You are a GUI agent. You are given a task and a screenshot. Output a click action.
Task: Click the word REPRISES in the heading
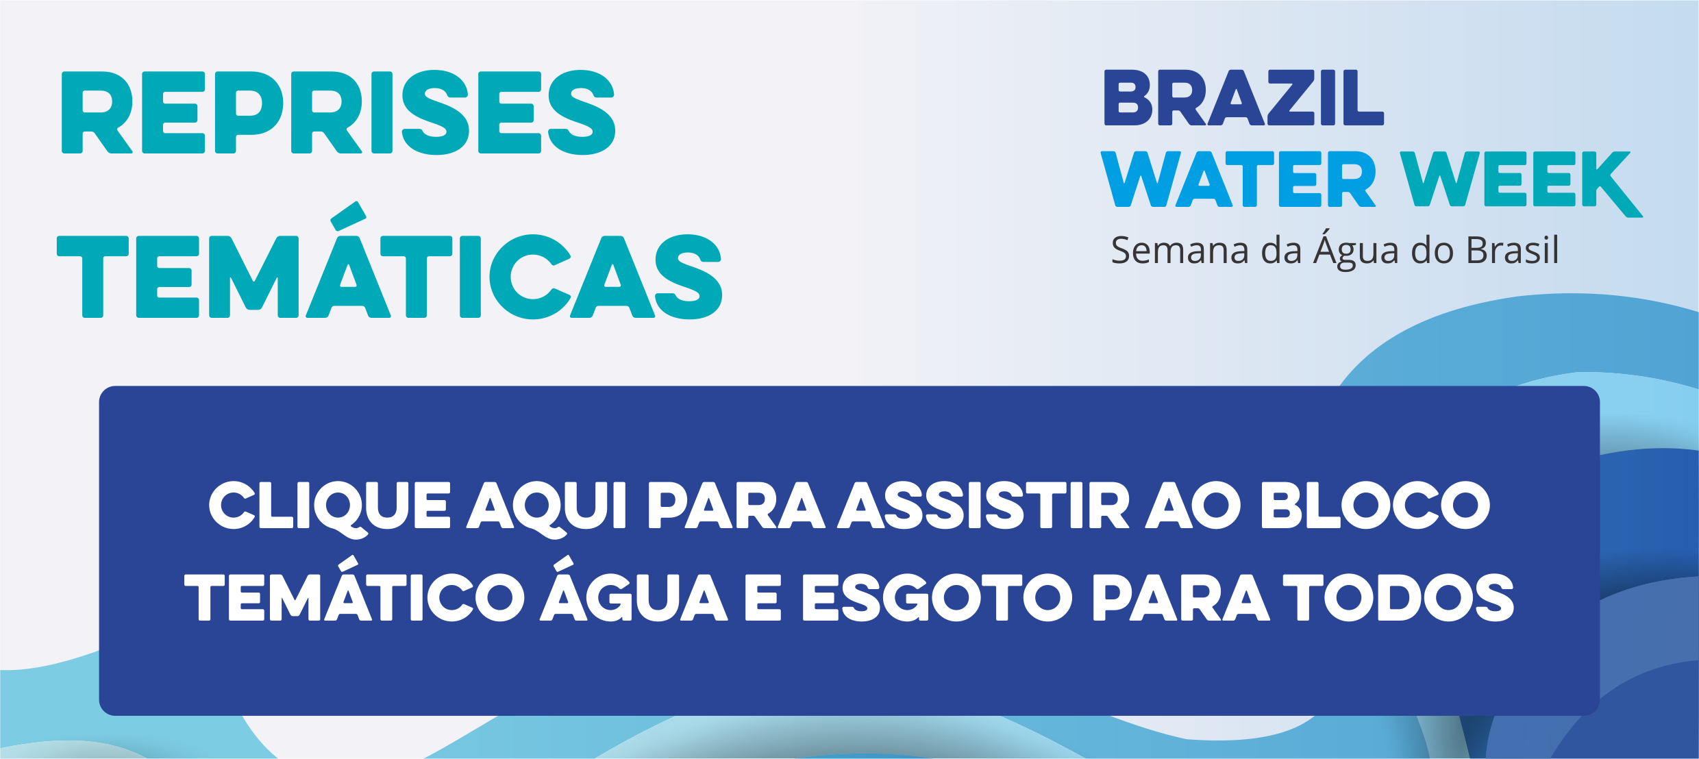pyautogui.click(x=338, y=113)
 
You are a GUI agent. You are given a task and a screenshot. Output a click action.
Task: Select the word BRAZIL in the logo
pyautogui.click(x=1243, y=98)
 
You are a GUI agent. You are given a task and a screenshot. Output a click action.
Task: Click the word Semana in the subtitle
pyautogui.click(x=1180, y=251)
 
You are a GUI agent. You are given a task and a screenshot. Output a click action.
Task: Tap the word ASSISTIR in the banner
pyautogui.click(x=984, y=506)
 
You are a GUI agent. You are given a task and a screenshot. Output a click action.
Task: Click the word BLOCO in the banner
pyautogui.click(x=1375, y=506)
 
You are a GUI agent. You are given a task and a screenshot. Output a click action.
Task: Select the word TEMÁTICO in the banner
pyautogui.click(x=354, y=589)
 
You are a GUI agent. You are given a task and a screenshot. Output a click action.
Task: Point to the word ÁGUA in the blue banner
pyautogui.click(x=634, y=589)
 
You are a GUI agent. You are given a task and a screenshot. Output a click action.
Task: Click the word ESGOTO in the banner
pyautogui.click(x=937, y=598)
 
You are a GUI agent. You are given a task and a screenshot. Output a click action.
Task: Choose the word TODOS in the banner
pyautogui.click(x=1398, y=598)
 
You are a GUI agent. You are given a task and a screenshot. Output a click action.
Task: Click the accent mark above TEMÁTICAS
pyautogui.click(x=348, y=216)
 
